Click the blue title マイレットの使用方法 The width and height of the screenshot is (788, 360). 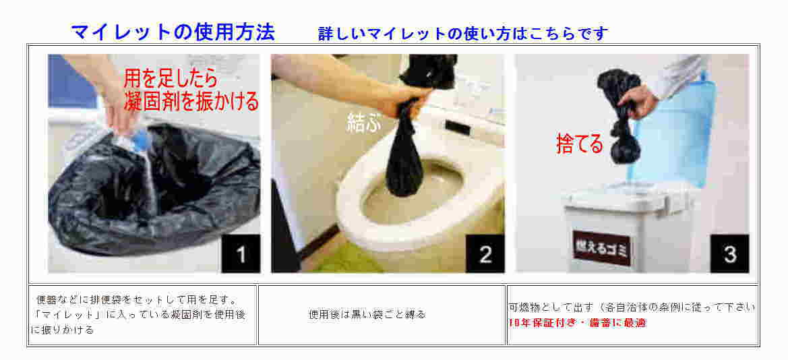[173, 32]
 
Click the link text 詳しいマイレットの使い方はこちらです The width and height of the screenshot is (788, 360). [463, 34]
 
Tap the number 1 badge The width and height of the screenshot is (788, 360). [241, 254]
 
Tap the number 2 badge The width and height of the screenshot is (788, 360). [485, 254]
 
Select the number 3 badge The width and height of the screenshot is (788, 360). [729, 254]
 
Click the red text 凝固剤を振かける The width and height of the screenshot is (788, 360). [191, 100]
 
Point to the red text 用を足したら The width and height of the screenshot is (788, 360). [171, 80]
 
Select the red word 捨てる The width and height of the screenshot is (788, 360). [579, 144]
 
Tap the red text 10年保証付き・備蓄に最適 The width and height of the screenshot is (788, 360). [577, 323]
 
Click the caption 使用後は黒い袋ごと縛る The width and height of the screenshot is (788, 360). [367, 315]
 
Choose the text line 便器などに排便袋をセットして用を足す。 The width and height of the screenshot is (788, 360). [137, 300]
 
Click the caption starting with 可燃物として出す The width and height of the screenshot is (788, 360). [632, 307]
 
